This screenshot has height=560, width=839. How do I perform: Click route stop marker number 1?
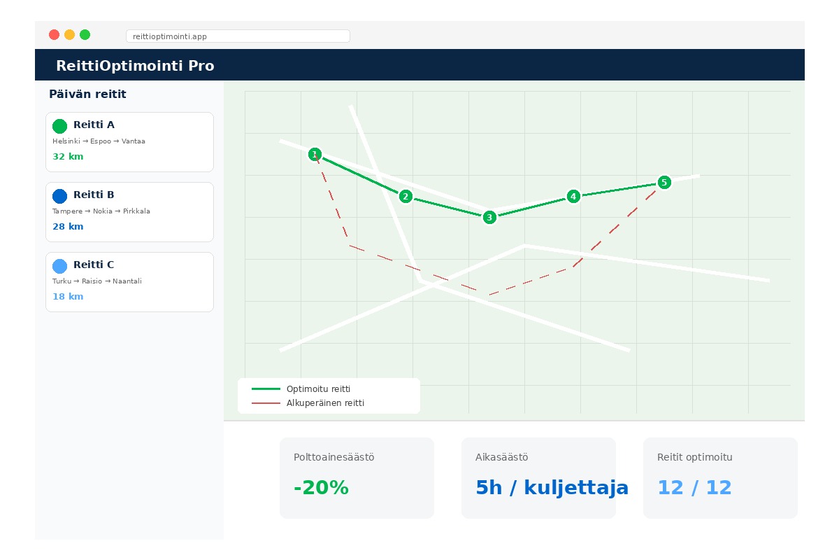click(315, 154)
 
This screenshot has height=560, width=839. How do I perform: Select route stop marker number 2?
click(406, 196)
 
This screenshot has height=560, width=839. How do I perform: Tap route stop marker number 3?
click(489, 217)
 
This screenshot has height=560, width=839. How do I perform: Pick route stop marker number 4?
click(573, 196)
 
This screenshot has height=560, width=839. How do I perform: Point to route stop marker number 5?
click(664, 182)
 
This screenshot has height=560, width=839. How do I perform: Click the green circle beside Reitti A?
click(59, 126)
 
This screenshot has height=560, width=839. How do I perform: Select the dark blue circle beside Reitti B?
click(59, 196)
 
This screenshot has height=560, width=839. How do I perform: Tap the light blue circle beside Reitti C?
click(59, 266)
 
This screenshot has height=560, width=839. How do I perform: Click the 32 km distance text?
click(68, 157)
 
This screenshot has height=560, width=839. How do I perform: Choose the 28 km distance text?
click(68, 227)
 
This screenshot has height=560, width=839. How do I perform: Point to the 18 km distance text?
click(68, 297)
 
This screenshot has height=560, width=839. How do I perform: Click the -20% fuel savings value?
click(321, 488)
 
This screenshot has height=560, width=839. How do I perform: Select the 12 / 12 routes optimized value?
click(694, 488)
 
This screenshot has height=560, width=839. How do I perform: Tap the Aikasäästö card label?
click(501, 457)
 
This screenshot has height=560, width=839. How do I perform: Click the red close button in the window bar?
click(54, 35)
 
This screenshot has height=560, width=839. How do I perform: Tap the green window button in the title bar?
click(85, 35)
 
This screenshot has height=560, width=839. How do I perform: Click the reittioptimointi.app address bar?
click(238, 36)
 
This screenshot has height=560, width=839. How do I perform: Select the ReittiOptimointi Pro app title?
click(135, 66)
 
